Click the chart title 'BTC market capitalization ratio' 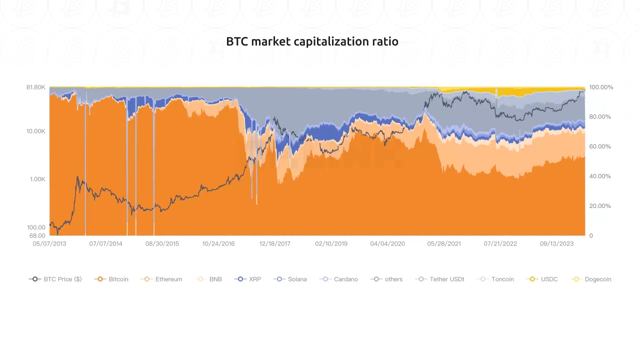click(312, 41)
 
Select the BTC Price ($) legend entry click(55, 279)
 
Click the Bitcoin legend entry click(112, 279)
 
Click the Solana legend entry click(291, 279)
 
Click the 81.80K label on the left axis click(35, 87)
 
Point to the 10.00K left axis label click(35, 131)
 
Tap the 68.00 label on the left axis click(37, 235)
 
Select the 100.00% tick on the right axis click(600, 87)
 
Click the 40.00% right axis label click(599, 176)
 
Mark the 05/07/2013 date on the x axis click(49, 243)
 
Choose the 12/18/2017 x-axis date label click(274, 243)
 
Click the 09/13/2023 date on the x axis click(556, 243)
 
